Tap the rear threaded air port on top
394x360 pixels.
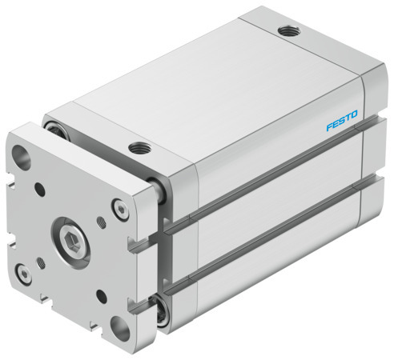pos(286,32)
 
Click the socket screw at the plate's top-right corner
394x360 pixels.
pos(120,210)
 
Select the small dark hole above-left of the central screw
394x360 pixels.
pos(38,191)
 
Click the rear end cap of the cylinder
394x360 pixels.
pos(376,160)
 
